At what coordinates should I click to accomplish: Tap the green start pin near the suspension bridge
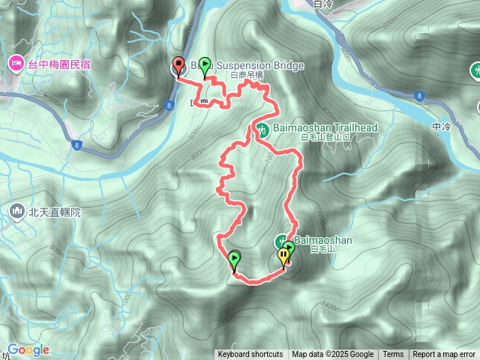[x=205, y=66]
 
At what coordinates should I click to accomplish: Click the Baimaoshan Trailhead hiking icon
[x=262, y=129]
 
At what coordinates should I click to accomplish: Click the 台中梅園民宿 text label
[x=59, y=65]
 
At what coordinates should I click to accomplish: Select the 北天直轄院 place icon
[x=16, y=212]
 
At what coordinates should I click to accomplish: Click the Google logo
[x=28, y=349]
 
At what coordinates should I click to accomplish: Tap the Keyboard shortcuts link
[x=250, y=355]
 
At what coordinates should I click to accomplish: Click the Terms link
[x=393, y=355]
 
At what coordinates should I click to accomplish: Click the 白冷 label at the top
[x=324, y=4]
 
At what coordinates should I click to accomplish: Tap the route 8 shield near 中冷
[x=418, y=95]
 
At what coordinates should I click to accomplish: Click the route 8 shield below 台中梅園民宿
[x=77, y=145]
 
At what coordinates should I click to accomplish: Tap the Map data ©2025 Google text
[x=333, y=355]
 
